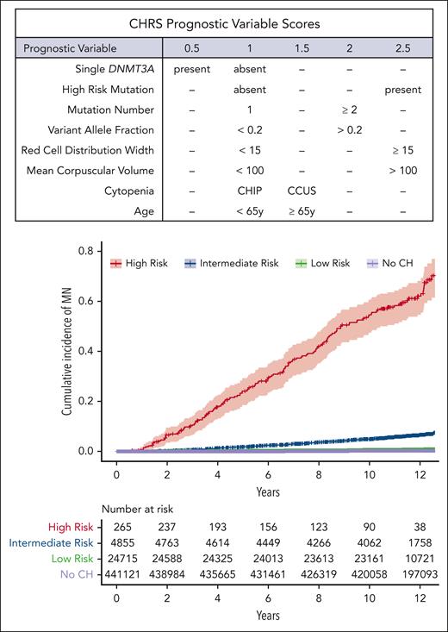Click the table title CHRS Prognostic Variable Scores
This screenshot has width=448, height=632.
223,20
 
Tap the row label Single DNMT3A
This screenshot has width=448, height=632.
121,68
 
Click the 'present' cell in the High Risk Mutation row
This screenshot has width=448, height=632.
404,89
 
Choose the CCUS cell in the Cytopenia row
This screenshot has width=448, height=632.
298,192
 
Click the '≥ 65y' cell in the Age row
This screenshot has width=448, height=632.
298,213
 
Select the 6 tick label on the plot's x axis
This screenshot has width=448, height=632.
269,475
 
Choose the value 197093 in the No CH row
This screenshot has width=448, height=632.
420,572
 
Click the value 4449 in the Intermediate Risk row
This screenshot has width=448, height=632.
269,542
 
